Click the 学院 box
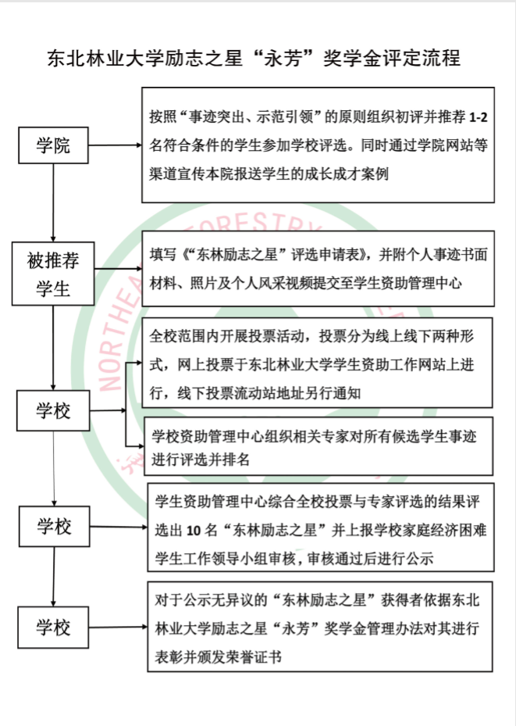point(53,145)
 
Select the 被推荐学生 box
point(53,274)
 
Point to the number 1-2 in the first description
point(478,117)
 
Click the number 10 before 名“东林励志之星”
point(194,531)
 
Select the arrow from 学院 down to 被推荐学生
point(53,202)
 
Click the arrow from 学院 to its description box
point(115,145)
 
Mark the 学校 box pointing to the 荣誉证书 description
point(53,628)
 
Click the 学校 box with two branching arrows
point(53,411)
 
